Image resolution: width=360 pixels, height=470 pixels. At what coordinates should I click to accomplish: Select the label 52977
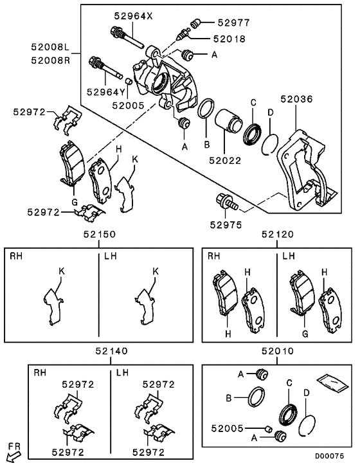(x=231, y=23)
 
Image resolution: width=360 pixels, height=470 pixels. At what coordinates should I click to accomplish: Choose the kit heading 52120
(x=277, y=236)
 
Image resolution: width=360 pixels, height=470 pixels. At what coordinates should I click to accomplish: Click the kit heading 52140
(x=111, y=352)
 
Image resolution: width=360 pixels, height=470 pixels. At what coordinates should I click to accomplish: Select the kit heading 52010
(x=277, y=352)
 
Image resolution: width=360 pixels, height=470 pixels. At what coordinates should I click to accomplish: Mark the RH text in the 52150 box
(x=15, y=257)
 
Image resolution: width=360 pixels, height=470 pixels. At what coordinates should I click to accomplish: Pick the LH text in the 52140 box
(x=122, y=372)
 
